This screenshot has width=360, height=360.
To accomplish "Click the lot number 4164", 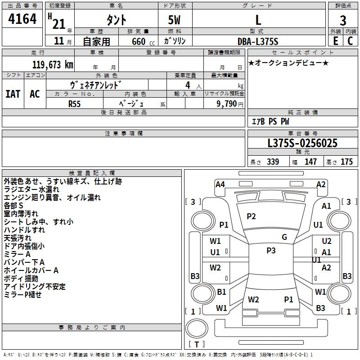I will pos(22,20).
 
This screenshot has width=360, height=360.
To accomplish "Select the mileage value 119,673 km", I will pos(53,65).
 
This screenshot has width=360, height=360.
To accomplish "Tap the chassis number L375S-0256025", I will pos(302,144).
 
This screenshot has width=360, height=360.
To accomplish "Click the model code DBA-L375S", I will pos(258,41).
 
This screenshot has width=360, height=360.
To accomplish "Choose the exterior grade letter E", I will pos(335,41).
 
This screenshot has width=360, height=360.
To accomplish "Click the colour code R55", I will pos(75,103).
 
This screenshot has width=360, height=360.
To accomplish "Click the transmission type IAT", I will pos(13,94).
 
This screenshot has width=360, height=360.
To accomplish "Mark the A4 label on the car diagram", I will pos(220,184).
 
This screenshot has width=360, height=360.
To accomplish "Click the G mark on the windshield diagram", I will pos(284,237).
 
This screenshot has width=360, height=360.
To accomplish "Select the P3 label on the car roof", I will pos(271,251).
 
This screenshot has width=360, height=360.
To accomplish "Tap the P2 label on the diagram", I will pos(251,216).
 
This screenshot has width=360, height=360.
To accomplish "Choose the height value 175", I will pos(346,162).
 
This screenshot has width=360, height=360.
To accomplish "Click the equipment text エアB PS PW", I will pos(270,121).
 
